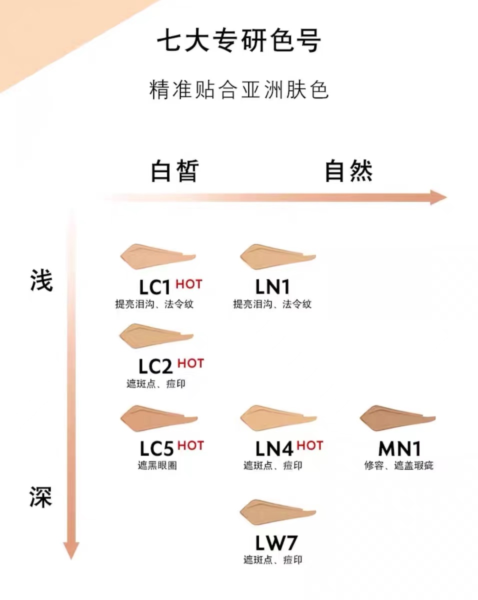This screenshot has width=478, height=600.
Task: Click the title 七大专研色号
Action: (238, 41)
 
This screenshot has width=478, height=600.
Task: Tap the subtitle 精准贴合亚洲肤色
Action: (239, 90)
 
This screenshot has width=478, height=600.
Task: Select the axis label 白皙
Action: (174, 171)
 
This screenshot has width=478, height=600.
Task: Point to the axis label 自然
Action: (348, 171)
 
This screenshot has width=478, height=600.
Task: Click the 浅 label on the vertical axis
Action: (40, 281)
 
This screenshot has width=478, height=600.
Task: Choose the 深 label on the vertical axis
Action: (40, 498)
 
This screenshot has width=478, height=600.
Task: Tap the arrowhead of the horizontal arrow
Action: (438, 197)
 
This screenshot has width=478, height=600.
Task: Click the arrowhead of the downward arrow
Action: (71, 550)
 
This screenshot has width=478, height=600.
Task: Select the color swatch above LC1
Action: (150, 256)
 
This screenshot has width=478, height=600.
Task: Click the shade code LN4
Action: (274, 448)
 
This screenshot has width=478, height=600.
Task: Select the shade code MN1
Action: (399, 448)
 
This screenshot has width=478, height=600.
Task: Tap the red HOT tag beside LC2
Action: (190, 363)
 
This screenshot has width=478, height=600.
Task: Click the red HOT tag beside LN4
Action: (310, 445)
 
